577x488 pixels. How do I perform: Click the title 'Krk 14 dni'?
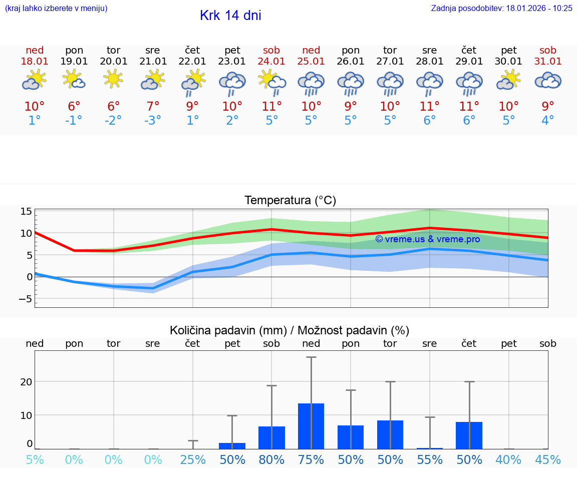pos(230,16)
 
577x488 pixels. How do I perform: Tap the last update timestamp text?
pos(501,8)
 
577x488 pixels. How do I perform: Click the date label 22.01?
pos(192,61)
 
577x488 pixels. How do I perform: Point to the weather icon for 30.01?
pos(509,80)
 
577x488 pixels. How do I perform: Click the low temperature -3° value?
pos(153,121)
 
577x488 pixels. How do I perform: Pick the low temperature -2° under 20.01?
pos(114,121)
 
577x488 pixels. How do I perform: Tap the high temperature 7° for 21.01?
pos(153,107)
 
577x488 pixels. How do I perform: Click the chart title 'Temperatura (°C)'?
pos(290,201)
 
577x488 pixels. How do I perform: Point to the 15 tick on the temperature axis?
pos(26,211)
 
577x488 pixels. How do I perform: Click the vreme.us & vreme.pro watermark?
pos(427,239)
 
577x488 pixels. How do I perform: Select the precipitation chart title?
pos(290,330)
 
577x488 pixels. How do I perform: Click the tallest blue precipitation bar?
pos(311,426)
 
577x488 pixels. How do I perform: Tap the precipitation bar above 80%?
pos(271,437)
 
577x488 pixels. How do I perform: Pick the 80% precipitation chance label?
pos(271,460)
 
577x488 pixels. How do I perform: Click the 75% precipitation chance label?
pos(311,460)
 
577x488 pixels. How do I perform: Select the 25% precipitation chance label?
pos(193,460)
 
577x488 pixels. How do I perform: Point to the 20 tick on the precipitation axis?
pos(26,382)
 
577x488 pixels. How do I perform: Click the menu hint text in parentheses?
pos(56,8)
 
